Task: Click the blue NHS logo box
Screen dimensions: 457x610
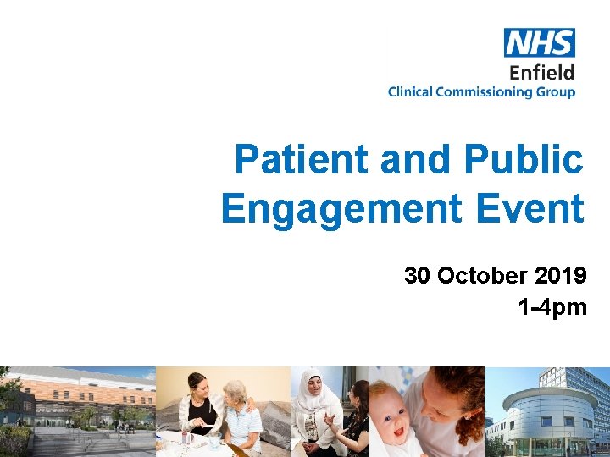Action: click(x=540, y=42)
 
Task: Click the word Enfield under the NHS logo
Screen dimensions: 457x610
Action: click(x=542, y=72)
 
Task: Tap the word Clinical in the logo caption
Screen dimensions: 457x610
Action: click(x=410, y=92)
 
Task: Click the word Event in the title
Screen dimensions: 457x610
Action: click(x=539, y=208)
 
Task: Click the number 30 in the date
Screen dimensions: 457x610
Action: click(x=418, y=276)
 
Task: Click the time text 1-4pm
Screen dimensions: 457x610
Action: click(x=552, y=307)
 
